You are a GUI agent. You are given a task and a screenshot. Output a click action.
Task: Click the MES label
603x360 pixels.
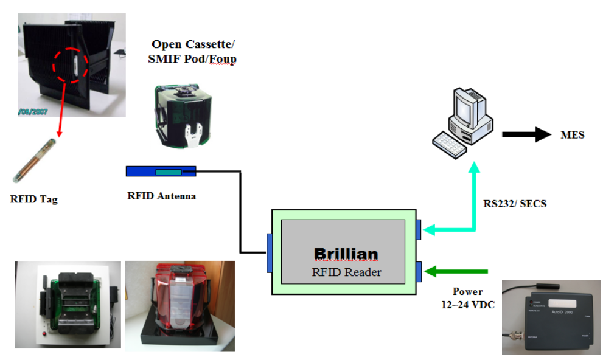tap(572, 135)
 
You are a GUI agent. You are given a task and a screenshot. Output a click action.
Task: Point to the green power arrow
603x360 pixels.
tap(460, 271)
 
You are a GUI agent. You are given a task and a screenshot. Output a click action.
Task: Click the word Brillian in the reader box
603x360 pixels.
tap(346, 254)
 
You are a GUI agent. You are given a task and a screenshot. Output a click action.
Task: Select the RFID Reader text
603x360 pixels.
tap(346, 272)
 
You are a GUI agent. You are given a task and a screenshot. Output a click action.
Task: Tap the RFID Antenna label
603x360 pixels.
tap(161, 196)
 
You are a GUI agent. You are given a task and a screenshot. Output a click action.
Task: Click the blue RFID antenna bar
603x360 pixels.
tap(161, 171)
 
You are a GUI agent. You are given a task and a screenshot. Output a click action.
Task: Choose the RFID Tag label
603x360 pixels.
tap(34, 198)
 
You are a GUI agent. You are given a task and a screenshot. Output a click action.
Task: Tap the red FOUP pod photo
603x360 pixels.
tap(180, 305)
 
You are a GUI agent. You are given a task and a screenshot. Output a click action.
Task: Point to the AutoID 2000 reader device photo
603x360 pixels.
tap(551, 317)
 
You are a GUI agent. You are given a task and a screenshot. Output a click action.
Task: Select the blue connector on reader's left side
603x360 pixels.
tap(268, 252)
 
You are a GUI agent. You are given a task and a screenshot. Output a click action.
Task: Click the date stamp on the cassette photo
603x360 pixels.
tap(34, 111)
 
